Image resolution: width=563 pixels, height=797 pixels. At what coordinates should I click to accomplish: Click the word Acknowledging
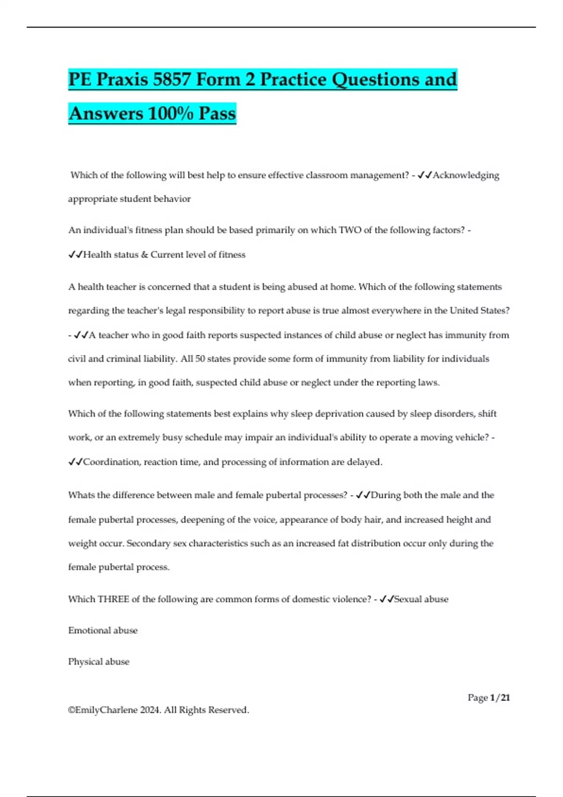[466, 175]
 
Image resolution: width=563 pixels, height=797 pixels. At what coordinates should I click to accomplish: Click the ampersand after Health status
[144, 255]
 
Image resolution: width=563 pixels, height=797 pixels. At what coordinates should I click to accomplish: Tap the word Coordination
[111, 462]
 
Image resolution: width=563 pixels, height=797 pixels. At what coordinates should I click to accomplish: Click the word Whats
[81, 495]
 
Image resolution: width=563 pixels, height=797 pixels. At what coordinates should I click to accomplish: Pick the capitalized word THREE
[113, 599]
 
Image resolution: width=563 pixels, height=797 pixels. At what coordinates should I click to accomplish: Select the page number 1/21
[500, 698]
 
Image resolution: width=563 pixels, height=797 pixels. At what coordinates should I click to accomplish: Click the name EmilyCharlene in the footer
[106, 710]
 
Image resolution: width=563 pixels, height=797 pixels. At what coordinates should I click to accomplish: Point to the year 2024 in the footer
[150, 710]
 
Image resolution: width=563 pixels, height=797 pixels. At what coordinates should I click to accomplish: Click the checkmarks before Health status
[75, 255]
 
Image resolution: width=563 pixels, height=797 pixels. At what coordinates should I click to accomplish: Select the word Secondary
[148, 543]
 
